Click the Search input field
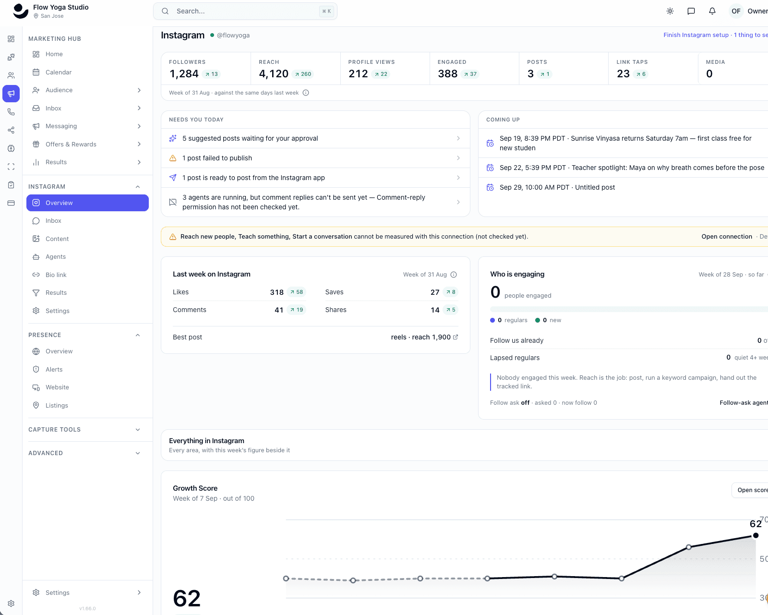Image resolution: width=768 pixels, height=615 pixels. point(245,11)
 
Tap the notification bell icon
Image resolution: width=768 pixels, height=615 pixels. point(712,11)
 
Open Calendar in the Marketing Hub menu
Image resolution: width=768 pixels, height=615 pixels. point(59,72)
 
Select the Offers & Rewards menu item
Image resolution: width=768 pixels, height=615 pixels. point(71,144)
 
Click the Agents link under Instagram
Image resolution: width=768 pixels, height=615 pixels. point(55,257)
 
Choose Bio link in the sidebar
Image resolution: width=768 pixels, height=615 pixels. point(56,275)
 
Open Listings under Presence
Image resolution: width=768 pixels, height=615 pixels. point(56,406)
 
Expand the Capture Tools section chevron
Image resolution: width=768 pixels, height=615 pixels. point(138,430)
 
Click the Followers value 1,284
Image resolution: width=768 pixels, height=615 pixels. point(184,73)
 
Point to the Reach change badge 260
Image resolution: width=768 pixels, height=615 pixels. point(303,74)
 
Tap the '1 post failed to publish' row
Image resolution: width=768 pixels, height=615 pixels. point(315,158)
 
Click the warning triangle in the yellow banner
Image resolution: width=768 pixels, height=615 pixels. point(173,237)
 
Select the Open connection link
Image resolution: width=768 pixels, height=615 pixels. point(727,237)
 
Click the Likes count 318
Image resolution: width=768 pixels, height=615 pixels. point(276,292)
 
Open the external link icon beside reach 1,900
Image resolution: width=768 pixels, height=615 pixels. point(456,337)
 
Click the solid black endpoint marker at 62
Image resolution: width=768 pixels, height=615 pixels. point(756,535)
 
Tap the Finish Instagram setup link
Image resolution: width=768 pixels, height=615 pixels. point(696,35)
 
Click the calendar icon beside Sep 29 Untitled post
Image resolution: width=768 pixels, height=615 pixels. point(491,187)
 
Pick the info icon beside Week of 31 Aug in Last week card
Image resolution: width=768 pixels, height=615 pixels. point(454,275)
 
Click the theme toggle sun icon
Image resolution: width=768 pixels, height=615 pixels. point(670,11)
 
